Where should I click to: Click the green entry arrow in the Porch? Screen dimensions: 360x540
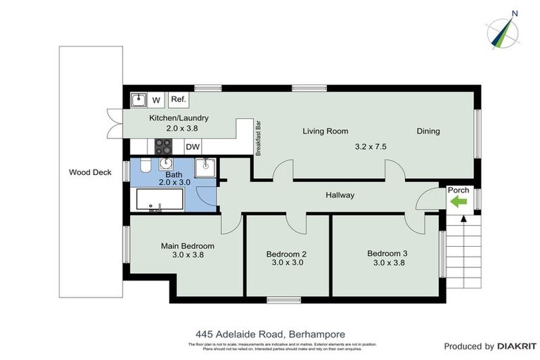point(458,202)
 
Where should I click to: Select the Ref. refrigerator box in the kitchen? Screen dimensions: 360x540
point(178,99)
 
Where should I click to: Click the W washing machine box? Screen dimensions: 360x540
point(156,100)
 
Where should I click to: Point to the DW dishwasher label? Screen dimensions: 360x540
point(192,147)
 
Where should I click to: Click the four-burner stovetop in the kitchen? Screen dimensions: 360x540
point(164,146)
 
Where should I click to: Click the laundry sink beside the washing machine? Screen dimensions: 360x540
point(139,99)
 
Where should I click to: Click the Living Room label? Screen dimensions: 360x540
point(326,131)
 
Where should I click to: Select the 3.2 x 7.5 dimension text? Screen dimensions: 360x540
point(371,147)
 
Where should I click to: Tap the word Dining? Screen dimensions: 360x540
point(428,131)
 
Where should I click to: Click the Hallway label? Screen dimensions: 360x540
point(340,195)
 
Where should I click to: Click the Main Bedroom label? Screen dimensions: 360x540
point(188,246)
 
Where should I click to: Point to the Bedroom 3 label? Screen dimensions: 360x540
point(387,253)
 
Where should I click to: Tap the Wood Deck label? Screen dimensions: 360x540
point(91,172)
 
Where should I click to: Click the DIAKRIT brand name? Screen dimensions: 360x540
point(517,347)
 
